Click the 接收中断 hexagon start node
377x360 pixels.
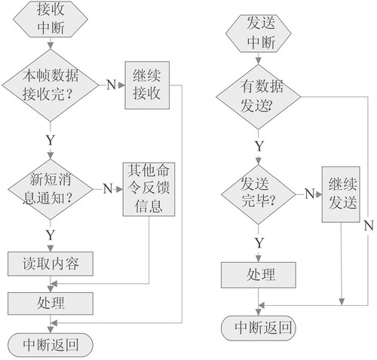[x=51, y=19]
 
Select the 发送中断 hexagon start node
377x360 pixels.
[x=259, y=33]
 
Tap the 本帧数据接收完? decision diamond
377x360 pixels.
[x=51, y=85]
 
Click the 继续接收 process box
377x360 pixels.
[x=147, y=85]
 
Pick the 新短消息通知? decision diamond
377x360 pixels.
[x=51, y=189]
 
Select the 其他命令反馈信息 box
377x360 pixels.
[x=149, y=189]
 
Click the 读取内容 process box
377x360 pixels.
[x=51, y=264]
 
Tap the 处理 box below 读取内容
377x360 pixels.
[x=51, y=304]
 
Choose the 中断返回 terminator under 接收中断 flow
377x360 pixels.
[x=51, y=345]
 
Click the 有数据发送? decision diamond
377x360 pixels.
[x=259, y=96]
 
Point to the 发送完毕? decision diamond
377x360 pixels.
[x=259, y=194]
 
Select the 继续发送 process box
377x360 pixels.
[x=341, y=194]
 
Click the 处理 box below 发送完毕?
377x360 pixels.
[x=259, y=275]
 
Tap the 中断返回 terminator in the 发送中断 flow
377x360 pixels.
[x=259, y=328]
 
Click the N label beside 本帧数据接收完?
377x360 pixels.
[x=111, y=85]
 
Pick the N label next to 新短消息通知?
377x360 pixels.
[x=108, y=188]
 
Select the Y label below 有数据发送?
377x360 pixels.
[x=259, y=146]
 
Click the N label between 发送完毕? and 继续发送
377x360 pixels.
[x=309, y=194]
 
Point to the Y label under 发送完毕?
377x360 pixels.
[x=259, y=243]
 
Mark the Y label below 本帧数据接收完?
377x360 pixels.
[x=51, y=140]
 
